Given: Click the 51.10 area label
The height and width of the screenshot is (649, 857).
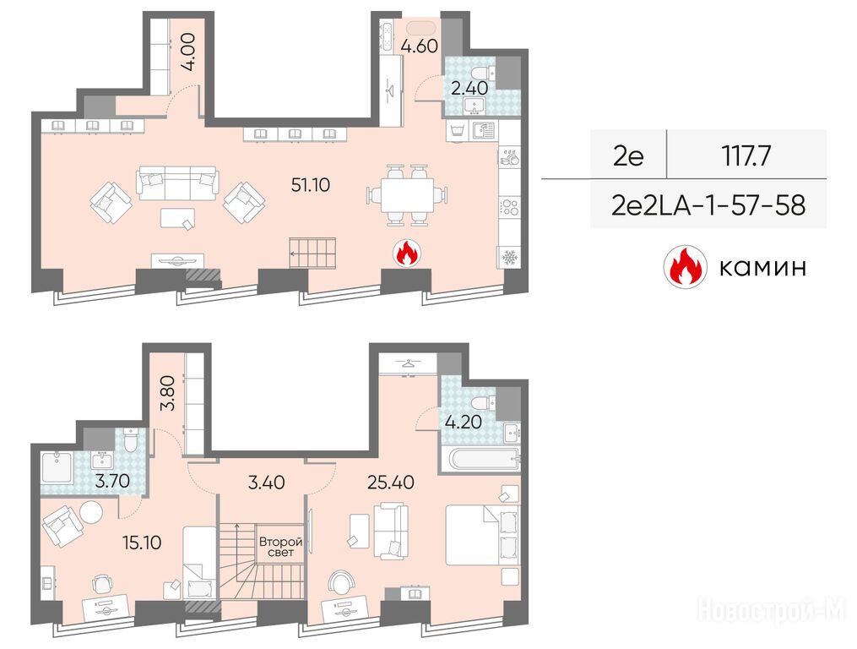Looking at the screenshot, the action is click(311, 185).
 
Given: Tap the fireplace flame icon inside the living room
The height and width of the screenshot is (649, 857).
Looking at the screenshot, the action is click(406, 254).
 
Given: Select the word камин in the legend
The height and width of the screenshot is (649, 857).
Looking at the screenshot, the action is click(762, 268).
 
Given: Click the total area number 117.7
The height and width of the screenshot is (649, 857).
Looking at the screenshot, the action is click(746, 156).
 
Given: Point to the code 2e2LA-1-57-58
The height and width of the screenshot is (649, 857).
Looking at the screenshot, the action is click(708, 205).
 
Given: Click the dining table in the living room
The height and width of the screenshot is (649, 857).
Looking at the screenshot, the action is click(407, 195).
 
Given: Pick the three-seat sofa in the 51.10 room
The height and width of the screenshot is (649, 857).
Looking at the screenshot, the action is click(177, 183).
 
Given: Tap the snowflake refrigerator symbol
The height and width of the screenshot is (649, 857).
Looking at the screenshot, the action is click(509, 257).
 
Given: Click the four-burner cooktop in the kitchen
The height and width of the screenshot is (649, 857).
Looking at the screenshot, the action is click(509, 208).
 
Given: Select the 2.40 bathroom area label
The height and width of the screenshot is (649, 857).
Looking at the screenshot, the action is click(469, 88).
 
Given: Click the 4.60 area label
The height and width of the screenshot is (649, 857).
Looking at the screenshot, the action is click(419, 46).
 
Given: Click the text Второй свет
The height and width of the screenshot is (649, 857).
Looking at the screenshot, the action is click(280, 548).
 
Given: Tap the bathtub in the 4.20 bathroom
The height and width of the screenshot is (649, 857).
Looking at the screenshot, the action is click(478, 459).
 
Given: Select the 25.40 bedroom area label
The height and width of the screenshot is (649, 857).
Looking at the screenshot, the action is click(390, 483).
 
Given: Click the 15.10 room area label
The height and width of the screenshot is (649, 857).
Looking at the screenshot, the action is click(142, 543).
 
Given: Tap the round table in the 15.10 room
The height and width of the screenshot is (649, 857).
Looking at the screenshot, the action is click(90, 512).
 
